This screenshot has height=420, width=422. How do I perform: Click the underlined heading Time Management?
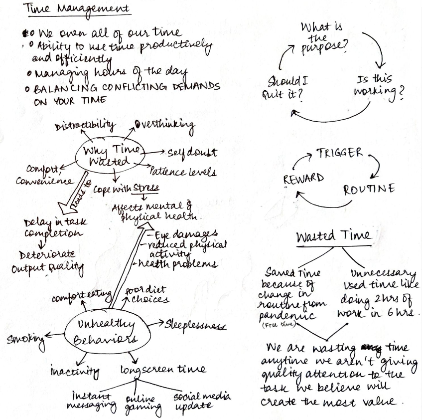[x=79, y=9]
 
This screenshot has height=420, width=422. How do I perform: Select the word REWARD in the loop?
[x=304, y=179]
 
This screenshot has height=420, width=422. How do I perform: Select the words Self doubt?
[x=192, y=152]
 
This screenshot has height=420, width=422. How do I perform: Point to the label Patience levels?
[x=183, y=172]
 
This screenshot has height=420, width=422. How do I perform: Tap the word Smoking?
[x=25, y=341]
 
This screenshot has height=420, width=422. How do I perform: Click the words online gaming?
[x=144, y=405]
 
